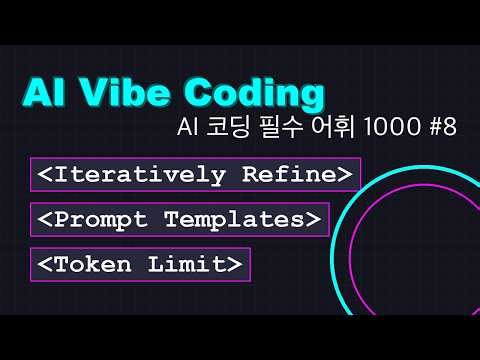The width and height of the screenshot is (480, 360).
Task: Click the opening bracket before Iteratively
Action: pos(45,174)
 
